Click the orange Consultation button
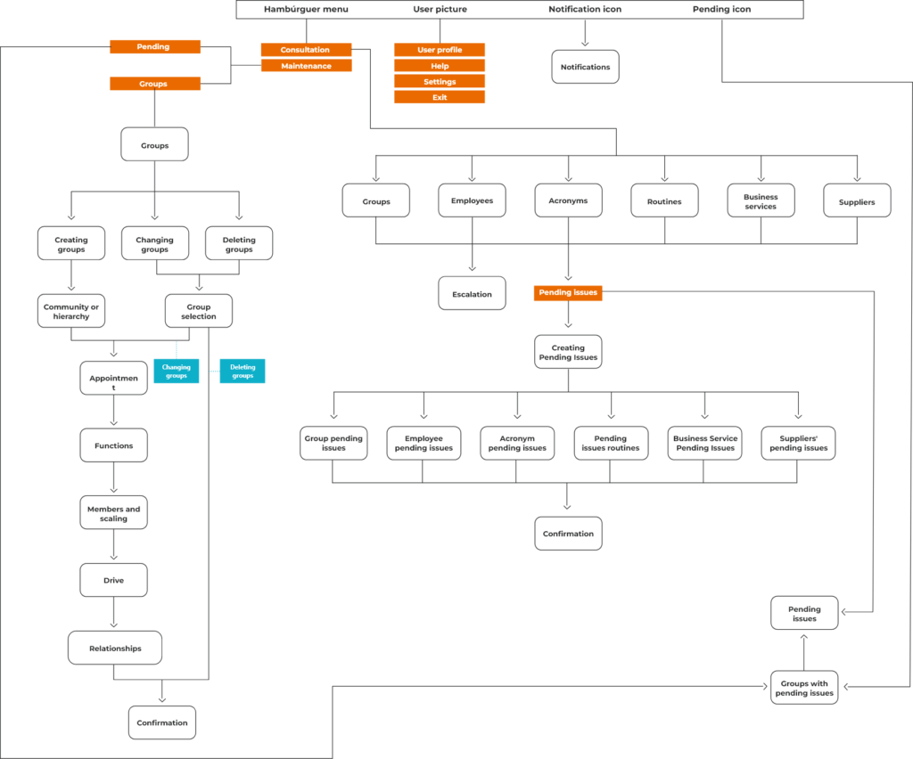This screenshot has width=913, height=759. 306,50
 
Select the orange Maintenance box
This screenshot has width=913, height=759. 306,66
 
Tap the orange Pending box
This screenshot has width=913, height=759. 154,46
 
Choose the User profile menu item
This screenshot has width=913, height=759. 440,50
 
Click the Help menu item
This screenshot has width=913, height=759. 440,66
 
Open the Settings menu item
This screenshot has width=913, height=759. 440,82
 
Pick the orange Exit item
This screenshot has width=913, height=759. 440,97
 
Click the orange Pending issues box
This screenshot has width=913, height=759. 568,292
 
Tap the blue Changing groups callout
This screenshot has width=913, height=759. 176,371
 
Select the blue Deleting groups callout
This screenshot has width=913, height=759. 243,371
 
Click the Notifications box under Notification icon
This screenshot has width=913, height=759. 585,67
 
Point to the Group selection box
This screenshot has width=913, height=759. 198,311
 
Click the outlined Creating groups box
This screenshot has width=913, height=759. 70,243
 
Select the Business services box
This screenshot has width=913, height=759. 761,201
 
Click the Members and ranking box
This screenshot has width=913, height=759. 113,512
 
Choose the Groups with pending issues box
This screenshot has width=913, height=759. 803,688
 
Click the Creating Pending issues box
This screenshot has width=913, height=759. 568,352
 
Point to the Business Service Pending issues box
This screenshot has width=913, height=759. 704,443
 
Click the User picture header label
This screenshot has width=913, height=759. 440,9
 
